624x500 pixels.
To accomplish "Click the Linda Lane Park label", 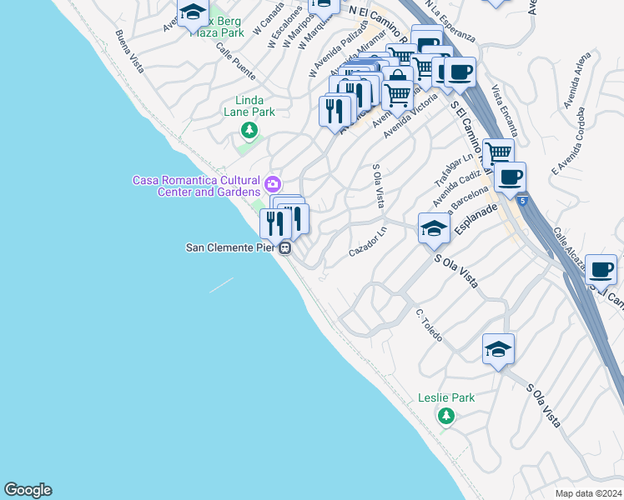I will (x=249, y=106).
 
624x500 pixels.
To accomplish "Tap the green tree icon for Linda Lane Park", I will (x=249, y=129).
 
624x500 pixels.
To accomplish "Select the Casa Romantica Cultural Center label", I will (x=196, y=186).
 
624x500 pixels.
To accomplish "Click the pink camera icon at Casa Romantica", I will (x=272, y=183).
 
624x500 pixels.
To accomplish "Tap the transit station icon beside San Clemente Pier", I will (x=285, y=247).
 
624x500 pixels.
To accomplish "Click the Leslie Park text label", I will (x=446, y=397).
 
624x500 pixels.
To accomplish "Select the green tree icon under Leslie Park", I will (x=446, y=415).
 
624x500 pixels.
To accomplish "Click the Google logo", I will (x=28, y=490).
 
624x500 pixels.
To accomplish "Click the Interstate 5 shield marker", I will (x=522, y=200).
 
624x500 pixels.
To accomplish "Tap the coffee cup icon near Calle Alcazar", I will (x=601, y=268).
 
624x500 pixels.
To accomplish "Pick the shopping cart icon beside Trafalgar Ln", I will (x=498, y=152).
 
